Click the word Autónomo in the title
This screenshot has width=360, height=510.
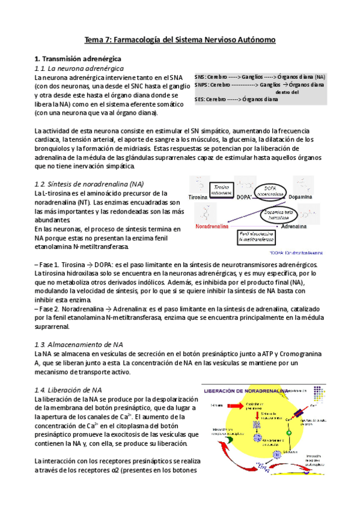click(x=254, y=40)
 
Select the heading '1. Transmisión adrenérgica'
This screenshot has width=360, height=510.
click(x=78, y=59)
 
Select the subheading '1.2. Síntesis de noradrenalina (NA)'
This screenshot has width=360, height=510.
click(x=89, y=183)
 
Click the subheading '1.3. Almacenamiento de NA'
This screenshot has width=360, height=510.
click(x=70, y=345)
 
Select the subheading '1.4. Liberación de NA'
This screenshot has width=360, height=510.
click(x=68, y=390)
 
